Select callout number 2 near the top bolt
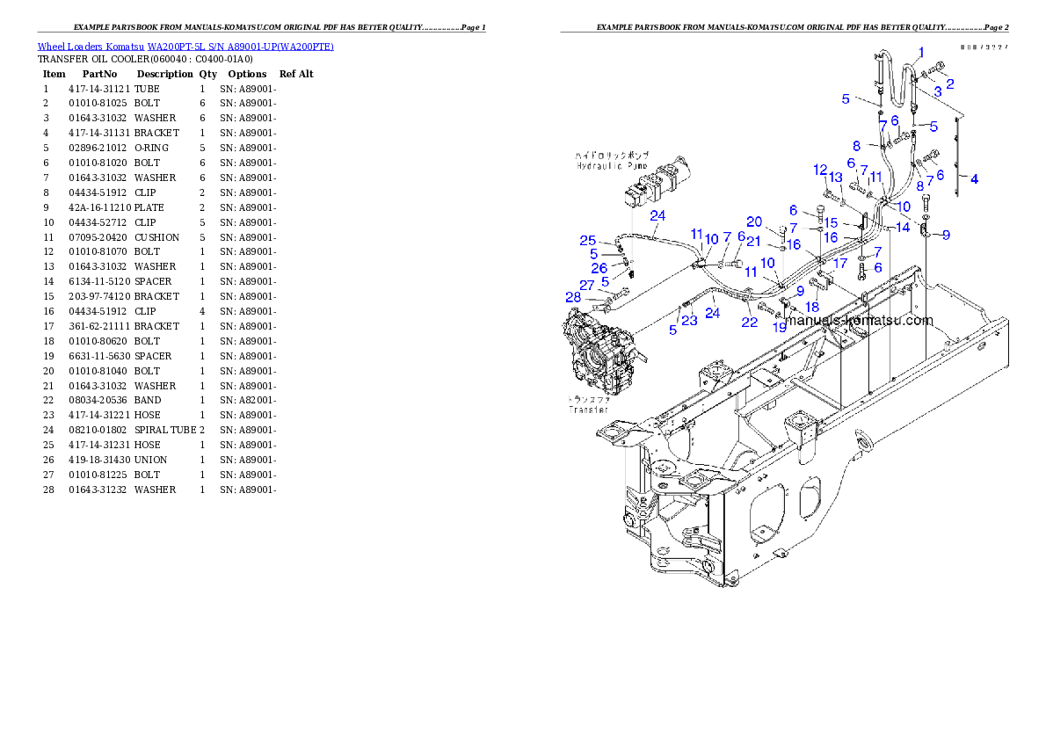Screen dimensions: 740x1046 point(949,83)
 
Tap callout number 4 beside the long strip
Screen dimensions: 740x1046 point(974,178)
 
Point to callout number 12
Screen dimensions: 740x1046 point(820,169)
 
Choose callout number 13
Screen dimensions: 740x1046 point(836,178)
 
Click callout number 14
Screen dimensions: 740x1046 point(903,228)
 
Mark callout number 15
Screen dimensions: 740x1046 point(831,223)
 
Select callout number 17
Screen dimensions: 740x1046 point(840,262)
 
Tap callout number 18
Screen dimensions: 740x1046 point(812,307)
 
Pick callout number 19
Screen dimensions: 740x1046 point(779,327)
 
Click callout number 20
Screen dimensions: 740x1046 point(754,221)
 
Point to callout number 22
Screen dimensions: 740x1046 point(749,323)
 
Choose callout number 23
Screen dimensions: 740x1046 point(688,321)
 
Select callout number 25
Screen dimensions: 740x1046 point(588,241)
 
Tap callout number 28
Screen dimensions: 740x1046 point(573,298)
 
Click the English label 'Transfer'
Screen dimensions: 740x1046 point(589,410)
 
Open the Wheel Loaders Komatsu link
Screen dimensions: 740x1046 point(185,46)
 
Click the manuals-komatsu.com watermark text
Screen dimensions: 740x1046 point(860,320)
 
